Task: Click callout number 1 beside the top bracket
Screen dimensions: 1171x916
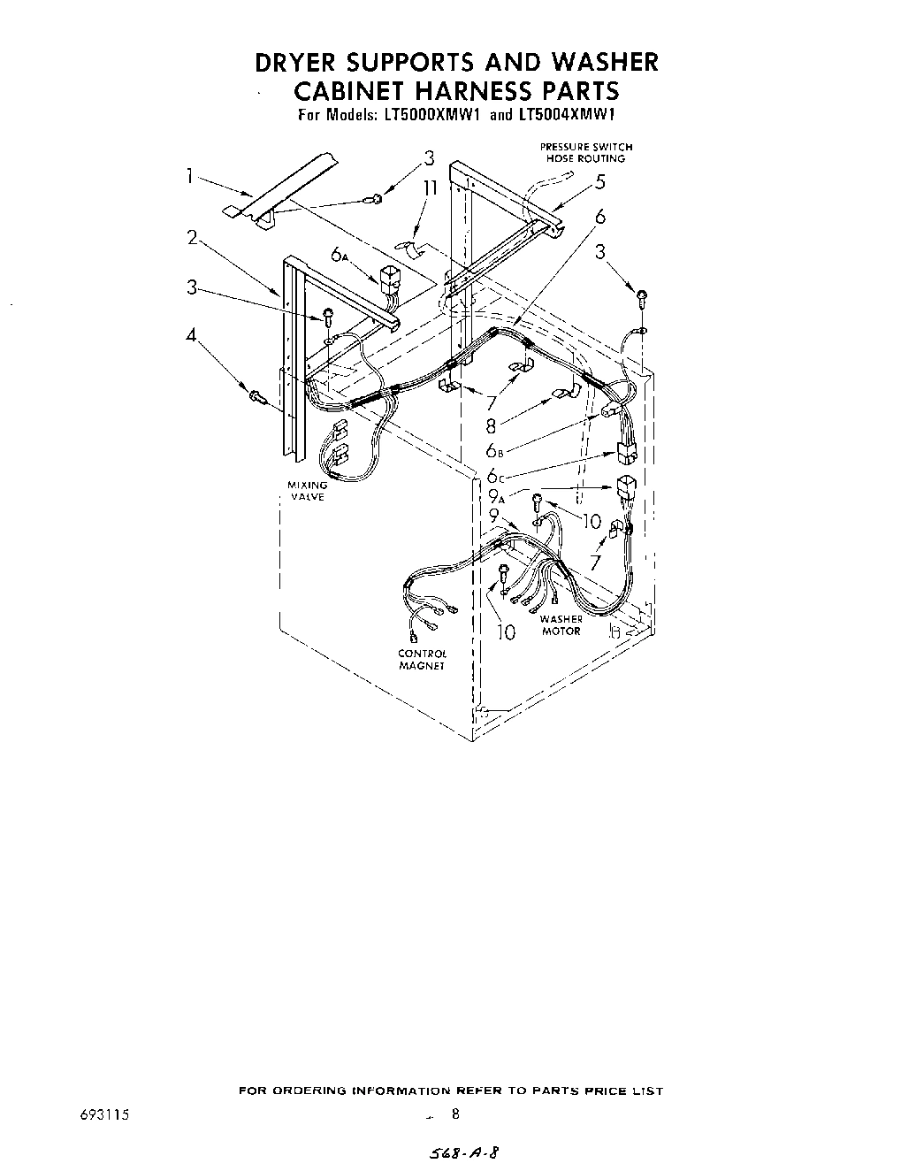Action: click(x=189, y=176)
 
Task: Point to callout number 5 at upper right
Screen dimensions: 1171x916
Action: click(x=600, y=183)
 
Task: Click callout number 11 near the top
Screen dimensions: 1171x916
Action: click(x=430, y=188)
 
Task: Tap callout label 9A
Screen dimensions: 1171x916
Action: click(x=497, y=498)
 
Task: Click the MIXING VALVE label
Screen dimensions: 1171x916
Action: click(x=307, y=491)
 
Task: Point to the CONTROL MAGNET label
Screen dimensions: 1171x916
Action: click(x=422, y=659)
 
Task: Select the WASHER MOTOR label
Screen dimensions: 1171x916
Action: click(x=561, y=624)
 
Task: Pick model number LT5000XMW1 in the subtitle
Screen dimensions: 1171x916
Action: click(x=431, y=115)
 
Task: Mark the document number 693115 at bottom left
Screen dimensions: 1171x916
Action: click(x=105, y=1114)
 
